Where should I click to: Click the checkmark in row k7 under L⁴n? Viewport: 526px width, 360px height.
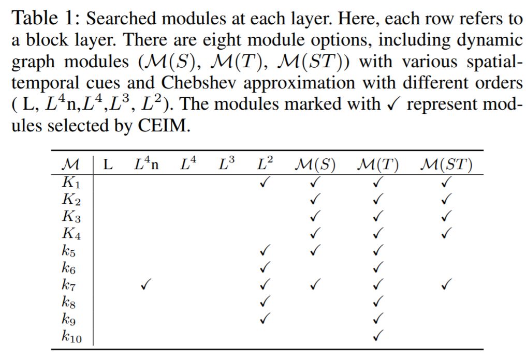point(145,284)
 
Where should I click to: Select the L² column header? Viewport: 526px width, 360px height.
point(265,164)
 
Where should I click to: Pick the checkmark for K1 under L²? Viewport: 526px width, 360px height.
point(265,182)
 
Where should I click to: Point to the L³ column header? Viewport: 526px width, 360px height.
point(226,164)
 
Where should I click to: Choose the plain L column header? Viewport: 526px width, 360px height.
point(108,165)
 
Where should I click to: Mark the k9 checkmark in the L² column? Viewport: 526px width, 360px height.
point(265,318)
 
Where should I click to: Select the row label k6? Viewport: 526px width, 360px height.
point(69,268)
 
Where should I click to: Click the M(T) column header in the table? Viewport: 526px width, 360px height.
point(378,165)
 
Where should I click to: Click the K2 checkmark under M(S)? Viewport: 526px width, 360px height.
point(314,199)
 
